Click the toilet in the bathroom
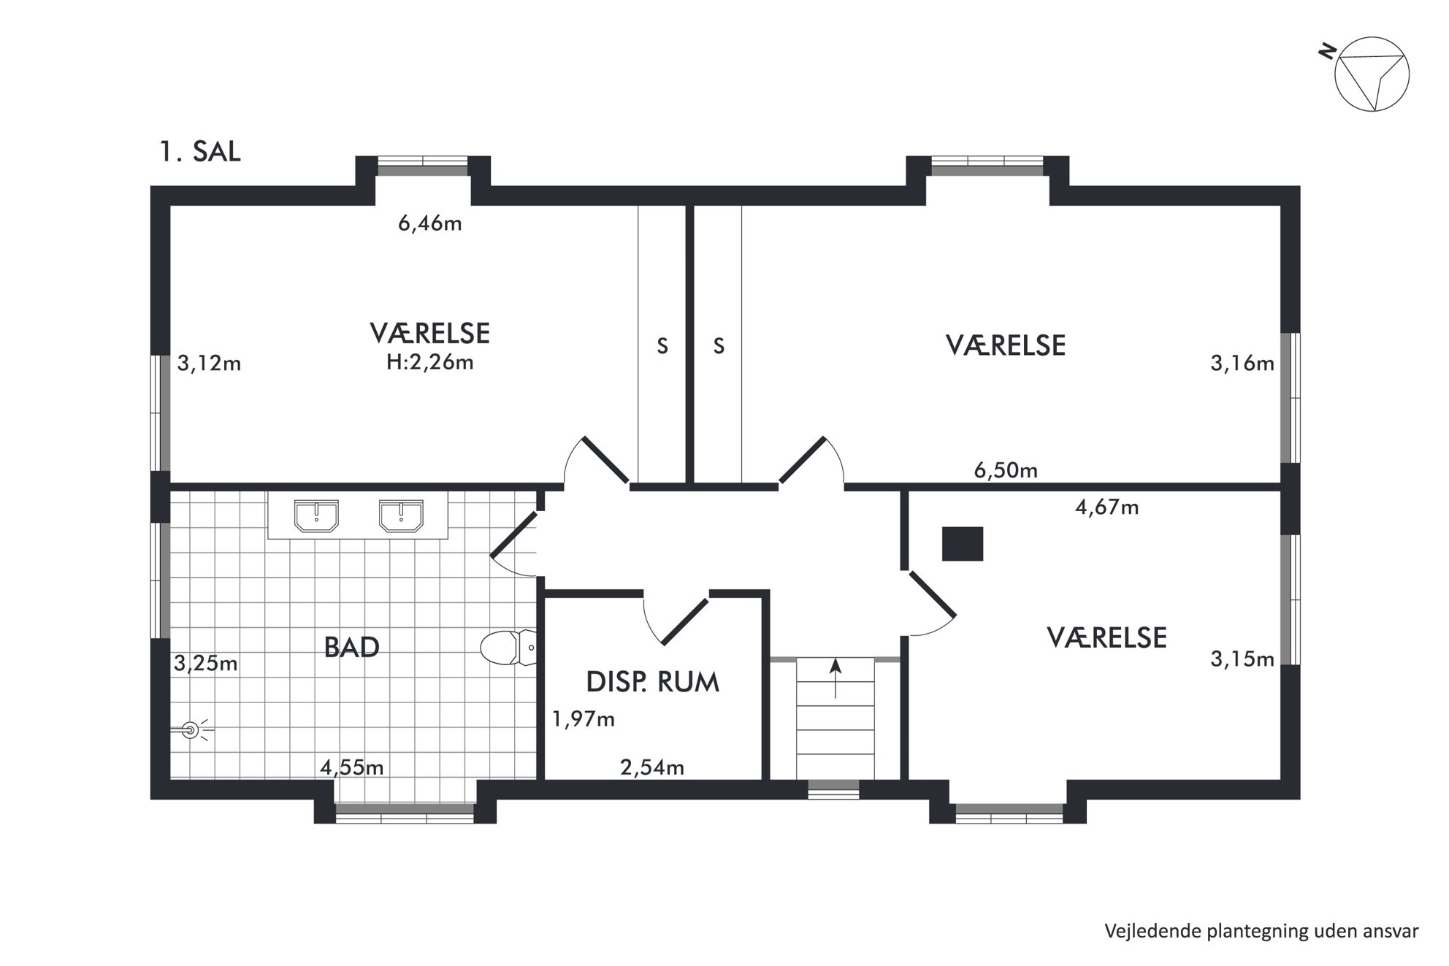tap(508, 648)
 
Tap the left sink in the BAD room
tap(316, 515)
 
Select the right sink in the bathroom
tap(401, 515)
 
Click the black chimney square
tap(962, 543)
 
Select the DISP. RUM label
tap(652, 682)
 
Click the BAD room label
tap(351, 648)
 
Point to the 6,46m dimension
tap(429, 223)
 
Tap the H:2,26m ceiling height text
tap(429, 362)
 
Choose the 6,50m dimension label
tap(1006, 470)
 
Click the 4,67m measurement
tap(1106, 507)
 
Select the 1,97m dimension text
tap(583, 720)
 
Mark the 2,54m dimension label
tap(651, 767)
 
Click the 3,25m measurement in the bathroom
tap(205, 664)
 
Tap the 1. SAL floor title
tap(199, 152)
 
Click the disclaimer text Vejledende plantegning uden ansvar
tap(1261, 932)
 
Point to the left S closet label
tap(662, 346)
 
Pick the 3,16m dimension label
tap(1242, 364)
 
